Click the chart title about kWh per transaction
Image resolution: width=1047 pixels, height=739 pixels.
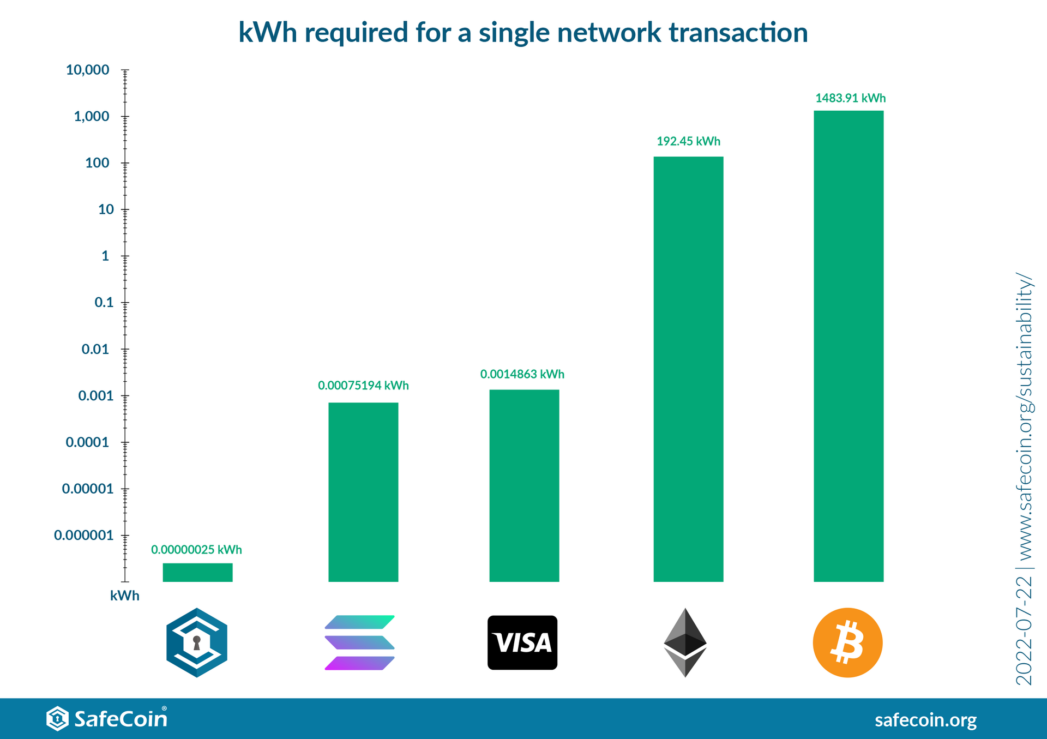pyautogui.click(x=523, y=33)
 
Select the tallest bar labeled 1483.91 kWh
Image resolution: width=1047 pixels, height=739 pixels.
pyautogui.click(x=849, y=346)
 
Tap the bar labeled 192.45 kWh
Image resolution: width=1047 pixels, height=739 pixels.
pyautogui.click(x=688, y=369)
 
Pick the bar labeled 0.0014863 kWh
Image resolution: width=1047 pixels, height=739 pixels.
pyautogui.click(x=524, y=485)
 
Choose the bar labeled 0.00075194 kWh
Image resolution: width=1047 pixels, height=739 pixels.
pyautogui.click(x=363, y=492)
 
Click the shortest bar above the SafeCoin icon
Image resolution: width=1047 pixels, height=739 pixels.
pyautogui.click(x=197, y=573)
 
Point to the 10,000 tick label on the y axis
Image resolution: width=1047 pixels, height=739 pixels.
pyautogui.click(x=87, y=70)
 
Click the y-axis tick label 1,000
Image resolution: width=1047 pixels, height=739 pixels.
pyautogui.click(x=92, y=116)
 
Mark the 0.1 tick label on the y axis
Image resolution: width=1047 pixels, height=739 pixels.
pyautogui.click(x=104, y=302)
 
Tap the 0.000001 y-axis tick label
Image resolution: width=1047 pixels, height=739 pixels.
pyautogui.click(x=83, y=535)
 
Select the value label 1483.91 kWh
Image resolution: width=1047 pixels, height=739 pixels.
pyautogui.click(x=850, y=98)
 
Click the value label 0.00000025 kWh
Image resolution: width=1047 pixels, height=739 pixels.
pyautogui.click(x=196, y=550)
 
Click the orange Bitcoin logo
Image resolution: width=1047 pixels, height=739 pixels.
pyautogui.click(x=847, y=642)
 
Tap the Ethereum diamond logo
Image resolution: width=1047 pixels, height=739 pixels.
pyautogui.click(x=685, y=642)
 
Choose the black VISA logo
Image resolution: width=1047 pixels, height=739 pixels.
pyautogui.click(x=522, y=642)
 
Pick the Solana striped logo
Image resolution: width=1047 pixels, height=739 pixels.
pyautogui.click(x=359, y=642)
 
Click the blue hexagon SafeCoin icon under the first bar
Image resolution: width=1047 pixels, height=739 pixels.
pyautogui.click(x=197, y=642)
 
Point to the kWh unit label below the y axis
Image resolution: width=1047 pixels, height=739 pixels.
pyautogui.click(x=125, y=596)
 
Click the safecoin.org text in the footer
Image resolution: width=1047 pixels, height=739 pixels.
pyautogui.click(x=925, y=720)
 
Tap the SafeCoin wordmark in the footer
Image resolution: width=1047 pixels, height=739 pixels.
pyautogui.click(x=121, y=718)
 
